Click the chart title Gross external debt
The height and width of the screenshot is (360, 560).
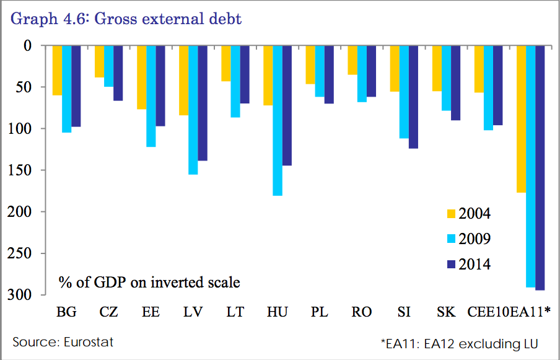tap(126, 19)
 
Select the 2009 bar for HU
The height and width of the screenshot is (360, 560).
tap(278, 120)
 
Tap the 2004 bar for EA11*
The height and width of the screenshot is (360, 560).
tap(520, 119)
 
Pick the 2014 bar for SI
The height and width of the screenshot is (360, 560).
tap(413, 97)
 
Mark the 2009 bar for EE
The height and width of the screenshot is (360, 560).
tap(151, 96)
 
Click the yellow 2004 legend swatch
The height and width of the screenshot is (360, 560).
tap(450, 214)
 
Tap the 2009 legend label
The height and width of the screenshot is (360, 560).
tap(475, 239)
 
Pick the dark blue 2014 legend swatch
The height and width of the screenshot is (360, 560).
tap(450, 265)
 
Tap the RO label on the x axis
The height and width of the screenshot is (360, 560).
tap(361, 312)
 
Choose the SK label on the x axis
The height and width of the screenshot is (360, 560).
tap(445, 312)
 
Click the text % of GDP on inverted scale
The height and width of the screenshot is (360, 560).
tap(149, 283)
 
